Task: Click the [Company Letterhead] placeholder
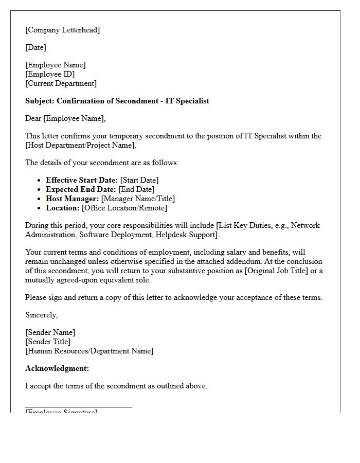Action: (x=62, y=30)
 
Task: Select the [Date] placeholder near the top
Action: (x=35, y=47)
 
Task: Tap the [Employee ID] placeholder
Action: (x=50, y=74)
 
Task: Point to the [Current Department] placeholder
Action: (x=61, y=83)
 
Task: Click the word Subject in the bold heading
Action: (x=40, y=101)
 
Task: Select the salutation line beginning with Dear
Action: (x=65, y=118)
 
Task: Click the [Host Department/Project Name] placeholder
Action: (x=80, y=145)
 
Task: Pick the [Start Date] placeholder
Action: (x=139, y=180)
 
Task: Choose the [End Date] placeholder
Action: (x=137, y=189)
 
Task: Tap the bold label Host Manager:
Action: (x=72, y=199)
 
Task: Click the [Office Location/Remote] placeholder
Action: (x=124, y=208)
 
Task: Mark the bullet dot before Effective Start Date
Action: (x=40, y=181)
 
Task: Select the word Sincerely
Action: (x=42, y=315)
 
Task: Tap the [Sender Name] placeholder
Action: (x=50, y=332)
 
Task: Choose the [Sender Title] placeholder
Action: (x=48, y=342)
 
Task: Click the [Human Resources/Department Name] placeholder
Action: (x=89, y=351)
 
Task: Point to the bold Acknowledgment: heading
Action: (x=57, y=368)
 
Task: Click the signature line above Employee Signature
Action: (x=78, y=407)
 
